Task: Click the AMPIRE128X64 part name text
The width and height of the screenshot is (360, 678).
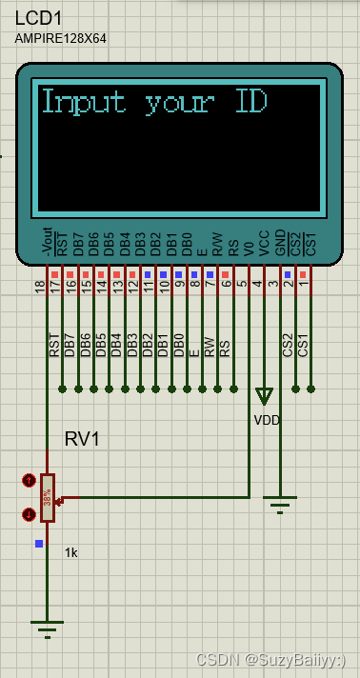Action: coord(61,38)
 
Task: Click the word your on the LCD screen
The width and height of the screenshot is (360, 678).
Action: coord(180,104)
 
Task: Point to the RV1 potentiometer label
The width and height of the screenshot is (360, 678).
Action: coord(82,439)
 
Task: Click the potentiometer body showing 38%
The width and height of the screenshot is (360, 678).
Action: coord(47,498)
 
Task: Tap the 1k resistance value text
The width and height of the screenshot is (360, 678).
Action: coord(71,552)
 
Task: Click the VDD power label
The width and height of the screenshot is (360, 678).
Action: coord(268,419)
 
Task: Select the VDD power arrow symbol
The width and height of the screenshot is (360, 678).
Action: coord(264,396)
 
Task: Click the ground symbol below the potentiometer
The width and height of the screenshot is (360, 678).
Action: coord(47,627)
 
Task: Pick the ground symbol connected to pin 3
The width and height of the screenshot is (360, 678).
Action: coord(280,507)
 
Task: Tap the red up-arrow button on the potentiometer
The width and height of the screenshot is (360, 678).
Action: coord(29,481)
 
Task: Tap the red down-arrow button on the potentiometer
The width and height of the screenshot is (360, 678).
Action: coord(29,514)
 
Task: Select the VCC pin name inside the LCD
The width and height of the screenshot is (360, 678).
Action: coord(264,243)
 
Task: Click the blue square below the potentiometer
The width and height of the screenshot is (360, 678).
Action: coord(39,544)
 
